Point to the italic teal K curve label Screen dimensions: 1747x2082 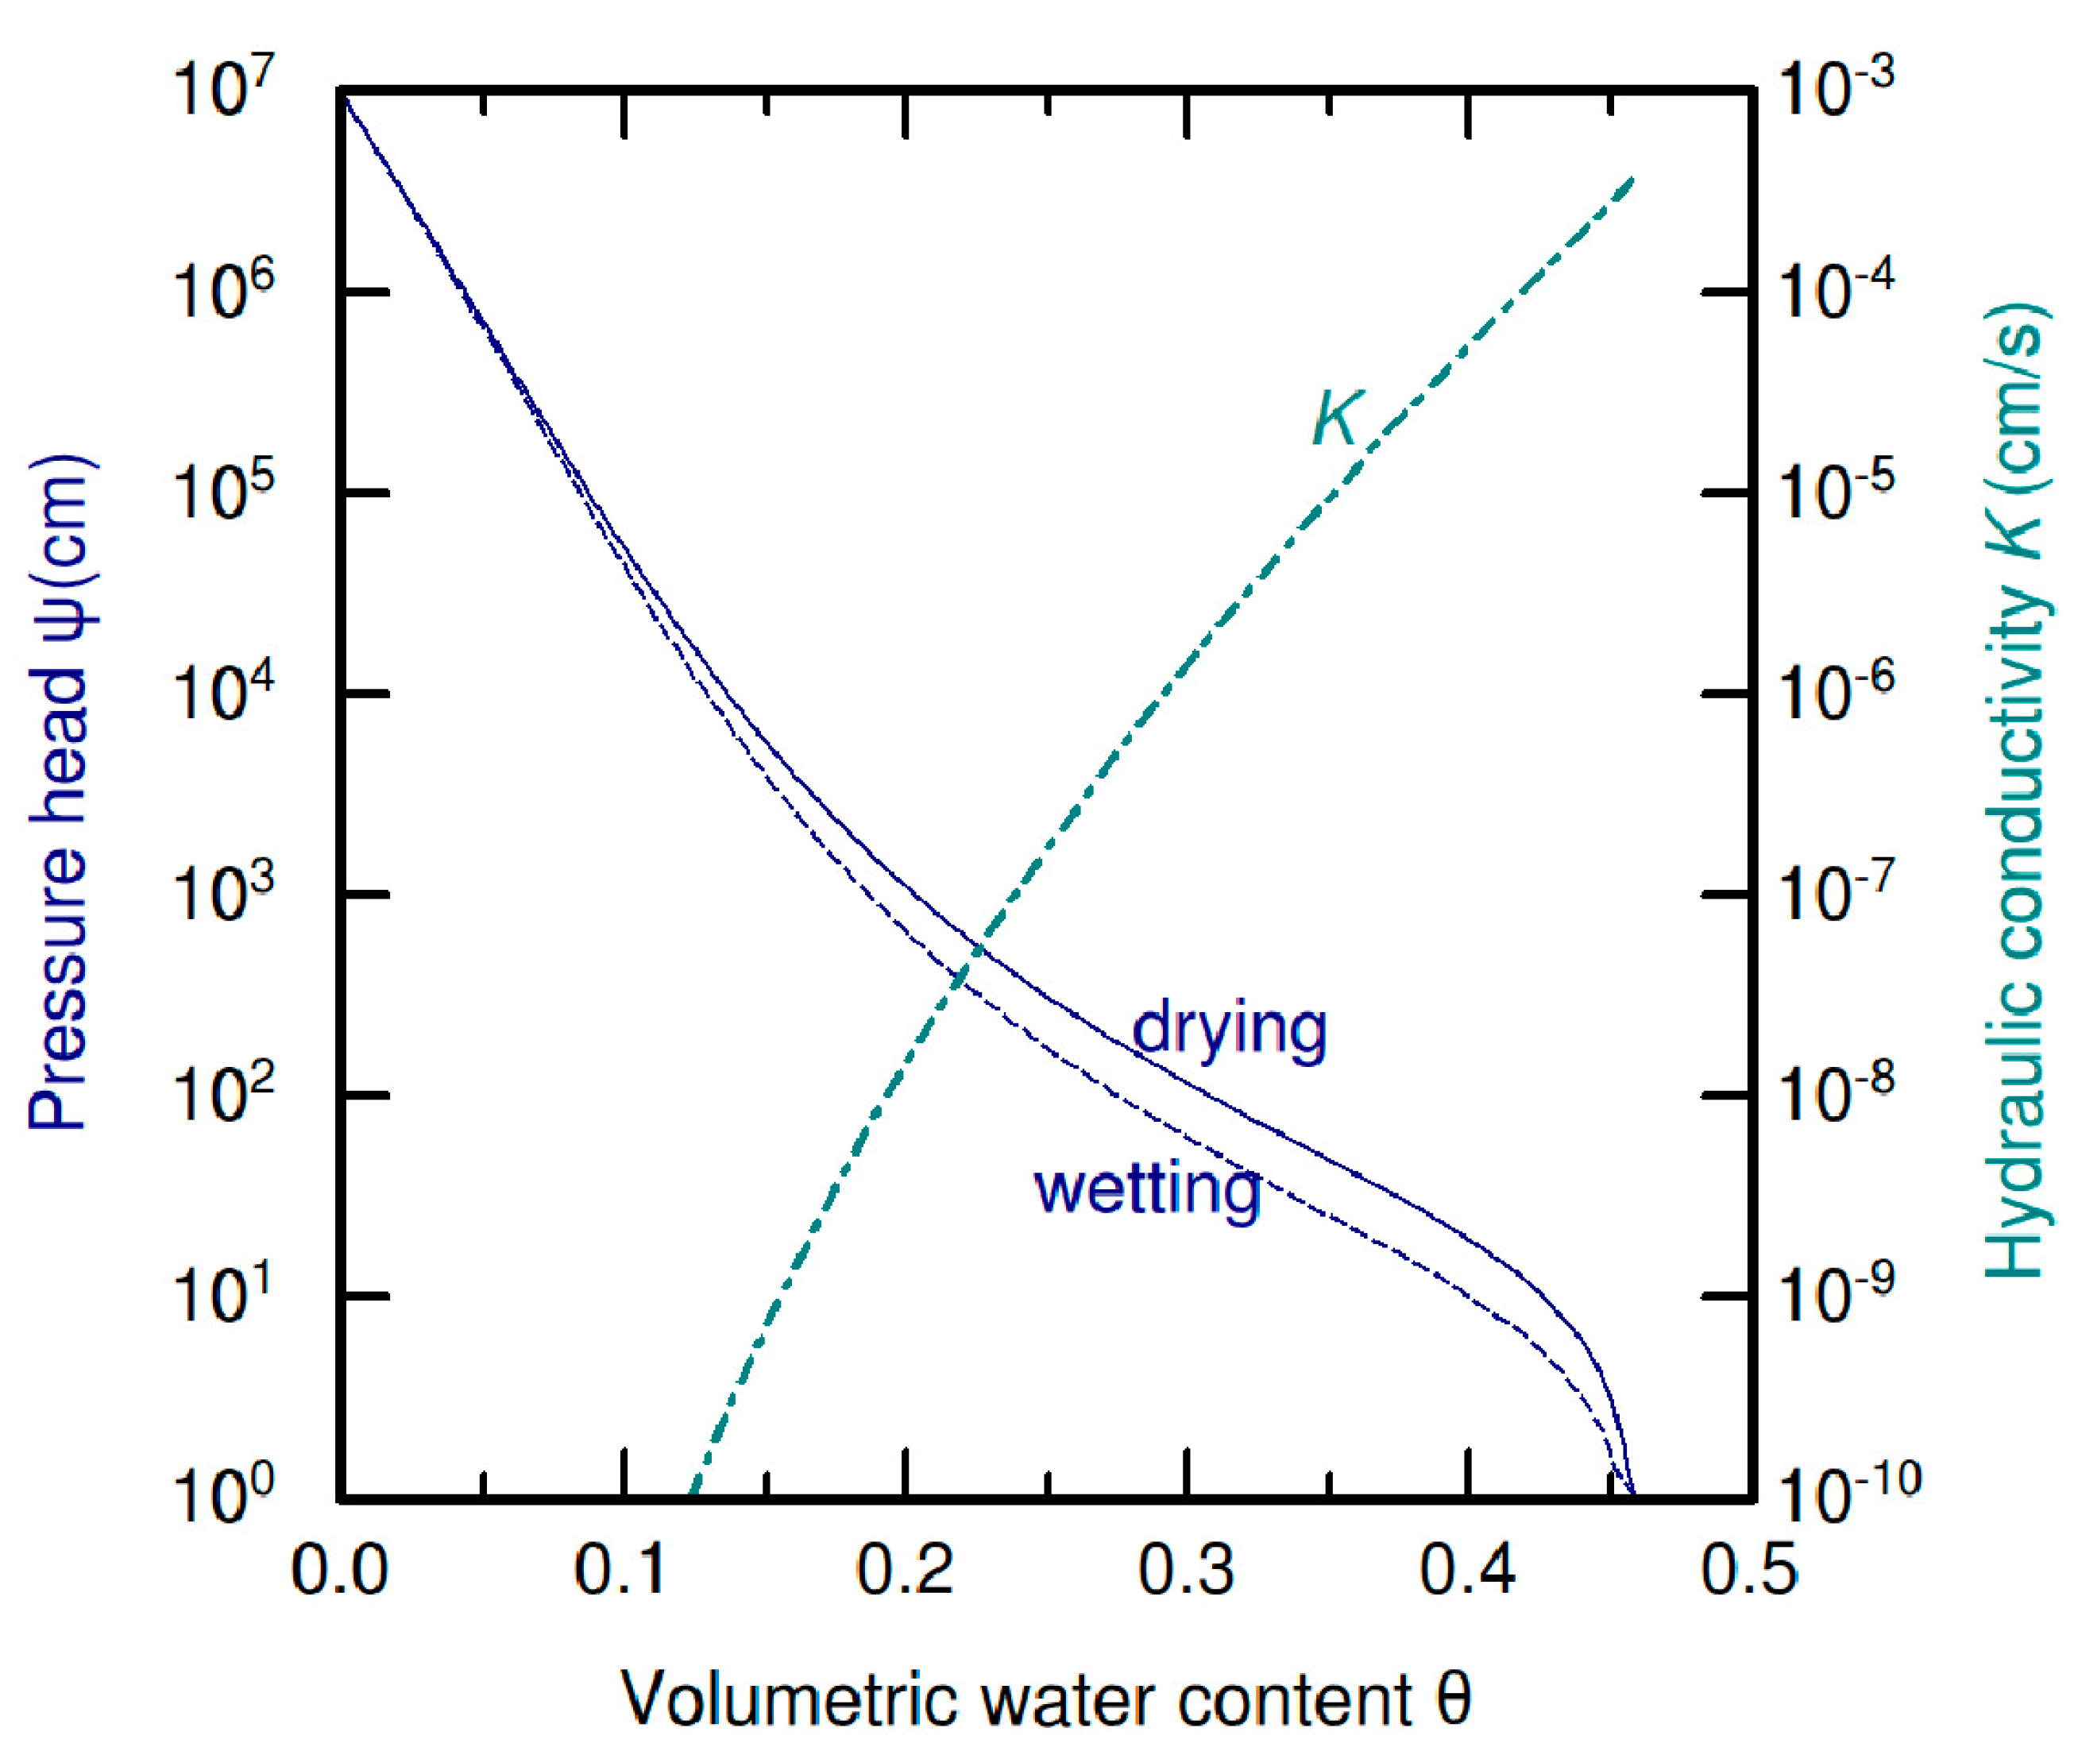pyautogui.click(x=1338, y=419)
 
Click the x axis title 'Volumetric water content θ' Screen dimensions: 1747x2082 pyautogui.click(x=1046, y=1698)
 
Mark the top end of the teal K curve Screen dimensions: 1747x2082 pyautogui.click(x=1631, y=180)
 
